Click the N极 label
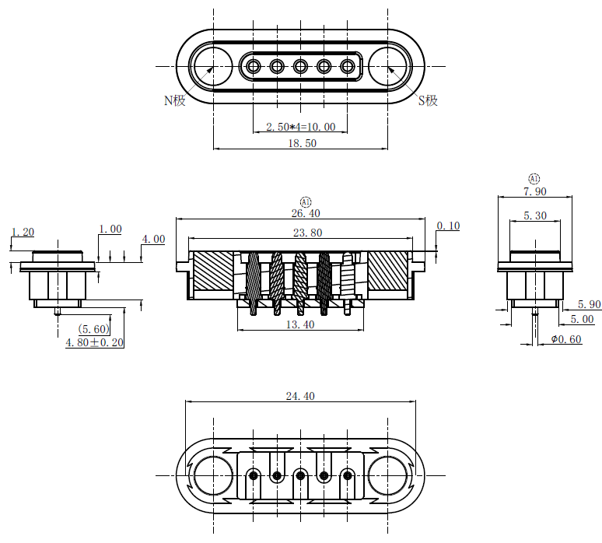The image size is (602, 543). [174, 100]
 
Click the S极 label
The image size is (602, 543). [428, 100]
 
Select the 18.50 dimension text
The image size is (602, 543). [301, 143]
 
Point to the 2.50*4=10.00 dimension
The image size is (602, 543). [300, 127]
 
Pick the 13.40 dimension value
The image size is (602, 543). [300, 324]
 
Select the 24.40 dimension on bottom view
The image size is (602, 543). [300, 396]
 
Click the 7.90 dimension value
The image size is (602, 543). [534, 191]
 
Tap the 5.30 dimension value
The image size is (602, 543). [534, 215]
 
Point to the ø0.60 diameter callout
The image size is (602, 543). [565, 339]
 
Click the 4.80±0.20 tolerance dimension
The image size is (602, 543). [94, 342]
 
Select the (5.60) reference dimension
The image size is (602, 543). [93, 329]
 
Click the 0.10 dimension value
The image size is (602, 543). [448, 226]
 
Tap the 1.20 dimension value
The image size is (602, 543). [23, 232]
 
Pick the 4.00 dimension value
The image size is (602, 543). [153, 239]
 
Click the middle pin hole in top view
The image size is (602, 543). [301, 66]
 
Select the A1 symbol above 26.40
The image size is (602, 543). [305, 201]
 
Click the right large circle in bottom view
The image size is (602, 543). [388, 475]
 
